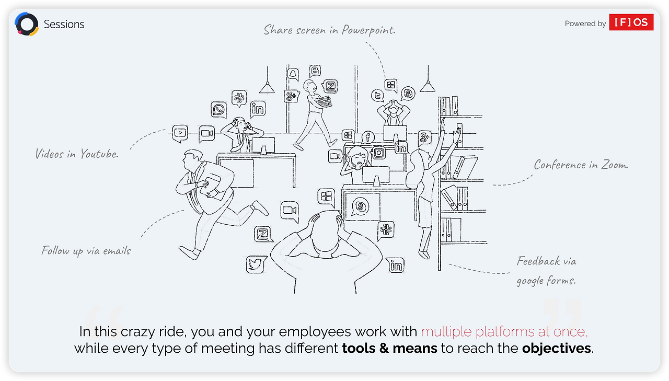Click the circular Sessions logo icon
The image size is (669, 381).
point(27,25)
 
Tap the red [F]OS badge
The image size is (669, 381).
point(631,22)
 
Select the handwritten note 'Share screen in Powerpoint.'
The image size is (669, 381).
point(329,30)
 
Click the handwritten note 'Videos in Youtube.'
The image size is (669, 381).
point(77,154)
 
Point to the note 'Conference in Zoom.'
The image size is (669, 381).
point(581,165)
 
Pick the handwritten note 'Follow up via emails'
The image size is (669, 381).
point(86,251)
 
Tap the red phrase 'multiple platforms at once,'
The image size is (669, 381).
point(504,332)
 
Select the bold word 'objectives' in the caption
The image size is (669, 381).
point(557,349)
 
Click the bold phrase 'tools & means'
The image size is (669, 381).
point(389,349)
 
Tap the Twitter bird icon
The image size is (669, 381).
point(256,264)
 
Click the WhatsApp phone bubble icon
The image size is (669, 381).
point(219,110)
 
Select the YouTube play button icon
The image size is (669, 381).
point(180,133)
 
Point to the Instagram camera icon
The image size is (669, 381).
point(379,153)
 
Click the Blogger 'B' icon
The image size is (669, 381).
point(315,71)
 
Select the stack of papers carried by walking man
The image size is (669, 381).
point(325,102)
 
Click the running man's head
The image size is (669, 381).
point(192,157)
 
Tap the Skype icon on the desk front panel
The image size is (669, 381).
point(360,206)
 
